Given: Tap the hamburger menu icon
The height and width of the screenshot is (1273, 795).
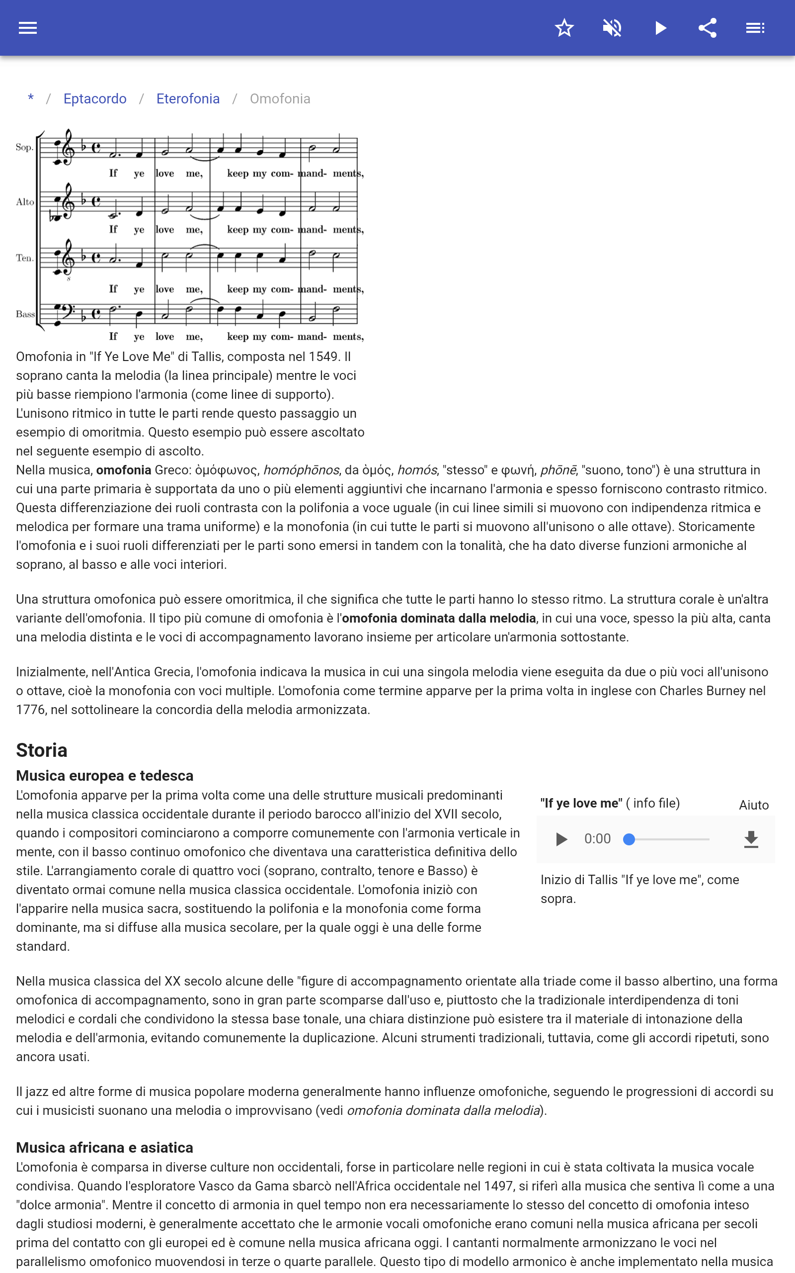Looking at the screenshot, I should click(28, 28).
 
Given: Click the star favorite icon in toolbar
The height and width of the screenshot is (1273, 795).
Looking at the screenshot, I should click(564, 28).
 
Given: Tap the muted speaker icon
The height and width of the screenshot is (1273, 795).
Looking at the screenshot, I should click(612, 28).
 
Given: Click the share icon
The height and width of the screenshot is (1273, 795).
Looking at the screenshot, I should click(708, 28).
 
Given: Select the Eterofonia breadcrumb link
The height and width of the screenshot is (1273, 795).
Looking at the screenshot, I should click(188, 99).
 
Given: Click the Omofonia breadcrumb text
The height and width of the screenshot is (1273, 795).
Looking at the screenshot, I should click(280, 99).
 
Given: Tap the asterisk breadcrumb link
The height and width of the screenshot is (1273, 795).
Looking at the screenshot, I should click(31, 98).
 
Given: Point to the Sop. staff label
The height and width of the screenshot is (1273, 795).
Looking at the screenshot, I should click(24, 147).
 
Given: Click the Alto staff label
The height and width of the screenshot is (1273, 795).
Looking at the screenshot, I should click(25, 202).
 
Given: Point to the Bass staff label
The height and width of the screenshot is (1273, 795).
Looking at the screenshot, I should click(25, 314).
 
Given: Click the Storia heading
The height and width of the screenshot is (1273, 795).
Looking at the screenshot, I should click(42, 750).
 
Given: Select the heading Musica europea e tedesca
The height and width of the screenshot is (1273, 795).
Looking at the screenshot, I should click(105, 775).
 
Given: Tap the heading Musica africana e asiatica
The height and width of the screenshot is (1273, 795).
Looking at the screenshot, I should click(105, 1147).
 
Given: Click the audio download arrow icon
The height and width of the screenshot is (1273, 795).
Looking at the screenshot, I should click(751, 839).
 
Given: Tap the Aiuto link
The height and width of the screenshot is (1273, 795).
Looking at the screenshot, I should click(753, 805).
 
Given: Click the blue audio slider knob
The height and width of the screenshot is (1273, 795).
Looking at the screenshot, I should click(629, 839).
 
